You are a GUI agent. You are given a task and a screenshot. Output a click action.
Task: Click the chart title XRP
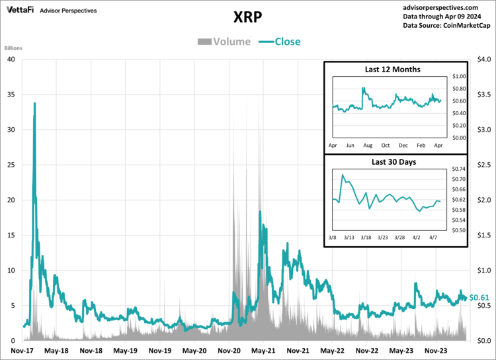click(x=248, y=17)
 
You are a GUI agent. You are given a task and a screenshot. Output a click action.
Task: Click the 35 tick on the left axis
click(x=11, y=94)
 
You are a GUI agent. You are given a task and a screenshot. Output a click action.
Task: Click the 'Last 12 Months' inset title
click(x=393, y=69)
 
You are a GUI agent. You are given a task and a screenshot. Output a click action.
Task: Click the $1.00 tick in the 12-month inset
click(x=458, y=77)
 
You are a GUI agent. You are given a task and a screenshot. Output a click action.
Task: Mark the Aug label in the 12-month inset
click(x=368, y=145)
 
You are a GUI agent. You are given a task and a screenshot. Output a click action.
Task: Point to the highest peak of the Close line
click(x=34, y=103)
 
